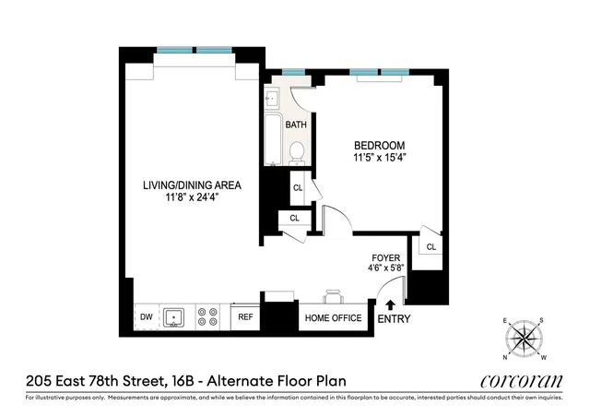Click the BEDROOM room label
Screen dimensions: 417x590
tap(380, 146)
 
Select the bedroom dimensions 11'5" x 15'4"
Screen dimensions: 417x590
tap(380, 159)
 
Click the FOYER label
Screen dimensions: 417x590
tap(384, 258)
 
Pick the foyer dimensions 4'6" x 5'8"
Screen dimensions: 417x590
tap(384, 270)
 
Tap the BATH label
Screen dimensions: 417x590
tap(296, 125)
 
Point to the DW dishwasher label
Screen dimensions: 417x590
tap(146, 317)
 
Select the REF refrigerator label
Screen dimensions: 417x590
tap(245, 317)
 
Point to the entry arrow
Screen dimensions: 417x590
tap(390, 304)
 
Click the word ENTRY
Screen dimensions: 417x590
tap(395, 320)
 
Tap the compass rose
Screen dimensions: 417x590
tap(525, 339)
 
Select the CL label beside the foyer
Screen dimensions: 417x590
tap(431, 246)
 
